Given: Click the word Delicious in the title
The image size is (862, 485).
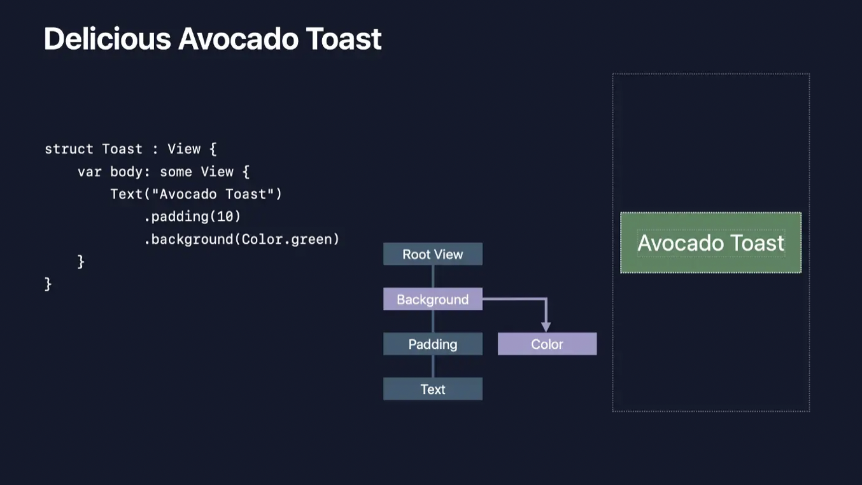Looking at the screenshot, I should pos(107,39).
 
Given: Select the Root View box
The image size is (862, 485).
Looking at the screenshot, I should pos(433,255).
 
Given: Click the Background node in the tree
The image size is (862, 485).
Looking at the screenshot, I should pos(433,299).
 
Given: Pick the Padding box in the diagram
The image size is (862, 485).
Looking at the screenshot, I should pos(433,344).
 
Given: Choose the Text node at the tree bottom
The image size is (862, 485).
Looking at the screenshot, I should pos(433,390).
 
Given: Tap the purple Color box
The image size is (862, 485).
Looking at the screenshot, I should pos(547,344).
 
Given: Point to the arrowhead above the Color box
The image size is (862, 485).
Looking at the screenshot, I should pos(546,326).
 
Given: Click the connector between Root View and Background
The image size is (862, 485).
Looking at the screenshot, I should pos(433,276).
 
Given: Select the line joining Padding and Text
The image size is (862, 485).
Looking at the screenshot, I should pos(433,366).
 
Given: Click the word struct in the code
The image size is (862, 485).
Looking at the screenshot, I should pos(69,149).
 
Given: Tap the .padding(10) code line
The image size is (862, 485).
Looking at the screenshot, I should pos(192,216).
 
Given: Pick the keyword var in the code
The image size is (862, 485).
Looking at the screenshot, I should pos(90,172).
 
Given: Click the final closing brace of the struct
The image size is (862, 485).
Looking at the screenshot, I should pos(48,284).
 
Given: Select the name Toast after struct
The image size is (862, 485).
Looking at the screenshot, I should pos(122,149).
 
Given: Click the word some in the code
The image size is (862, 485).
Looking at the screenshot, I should pos(176,172).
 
